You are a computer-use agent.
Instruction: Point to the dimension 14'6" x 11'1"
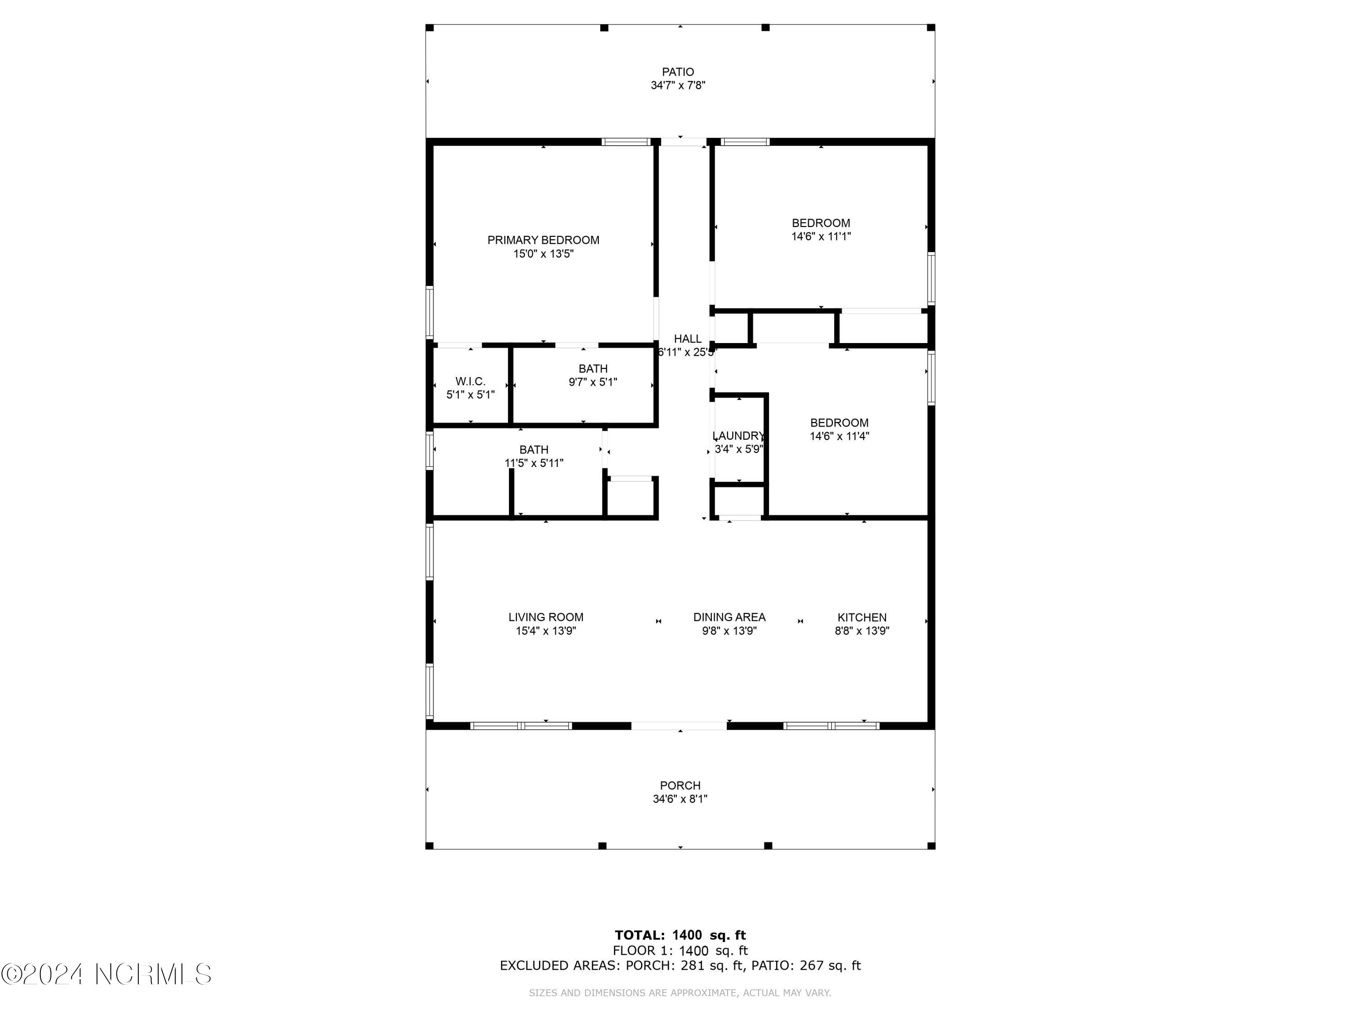(820, 236)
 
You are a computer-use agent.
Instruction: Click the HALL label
(687, 339)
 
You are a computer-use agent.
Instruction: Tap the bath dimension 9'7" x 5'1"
(592, 382)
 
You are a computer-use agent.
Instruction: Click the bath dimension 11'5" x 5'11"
(534, 463)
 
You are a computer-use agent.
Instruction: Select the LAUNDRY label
(738, 436)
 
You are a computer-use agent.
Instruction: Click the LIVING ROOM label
(545, 617)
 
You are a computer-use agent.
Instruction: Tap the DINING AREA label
(729, 617)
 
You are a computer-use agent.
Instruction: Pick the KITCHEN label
(862, 617)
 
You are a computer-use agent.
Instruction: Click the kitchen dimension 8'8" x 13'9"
(862, 631)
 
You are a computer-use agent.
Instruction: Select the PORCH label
(680, 785)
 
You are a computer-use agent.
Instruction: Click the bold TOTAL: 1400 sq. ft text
(680, 935)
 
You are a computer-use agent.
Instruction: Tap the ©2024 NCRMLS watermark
(106, 974)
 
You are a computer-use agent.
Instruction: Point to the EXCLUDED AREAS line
(680, 965)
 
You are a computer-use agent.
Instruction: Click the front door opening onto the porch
(679, 726)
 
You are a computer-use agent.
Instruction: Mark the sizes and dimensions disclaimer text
(680, 993)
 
